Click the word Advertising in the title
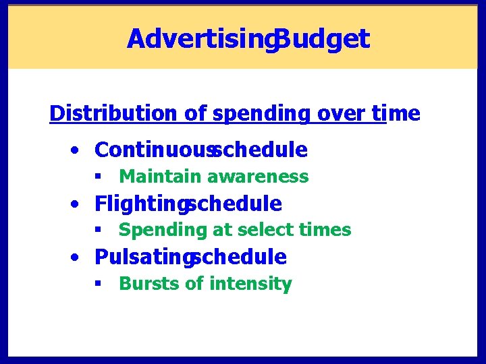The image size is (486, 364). click(198, 39)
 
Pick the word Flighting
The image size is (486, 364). click(140, 203)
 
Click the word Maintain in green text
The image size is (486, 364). click(160, 177)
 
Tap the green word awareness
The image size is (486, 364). click(258, 177)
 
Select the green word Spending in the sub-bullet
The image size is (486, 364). click(163, 230)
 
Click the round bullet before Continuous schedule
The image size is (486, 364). click(79, 150)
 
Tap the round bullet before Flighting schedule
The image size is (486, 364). click(79, 204)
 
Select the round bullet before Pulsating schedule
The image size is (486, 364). click(79, 257)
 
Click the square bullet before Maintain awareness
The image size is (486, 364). click(99, 177)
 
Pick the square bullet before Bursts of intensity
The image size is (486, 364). click(99, 284)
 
